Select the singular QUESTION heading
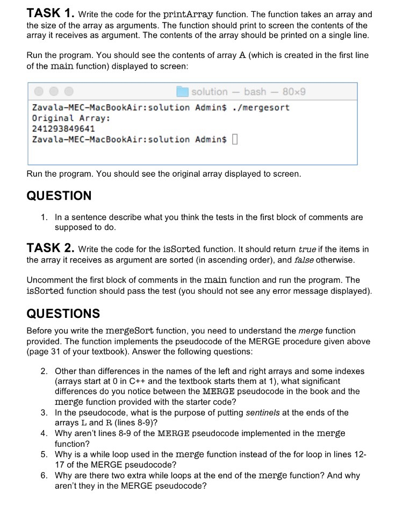click(x=59, y=196)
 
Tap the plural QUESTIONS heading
click(x=63, y=313)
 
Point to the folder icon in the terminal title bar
click(x=182, y=92)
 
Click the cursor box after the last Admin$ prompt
click(x=235, y=140)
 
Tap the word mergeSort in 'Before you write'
click(x=131, y=331)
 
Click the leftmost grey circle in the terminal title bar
click(x=39, y=92)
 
